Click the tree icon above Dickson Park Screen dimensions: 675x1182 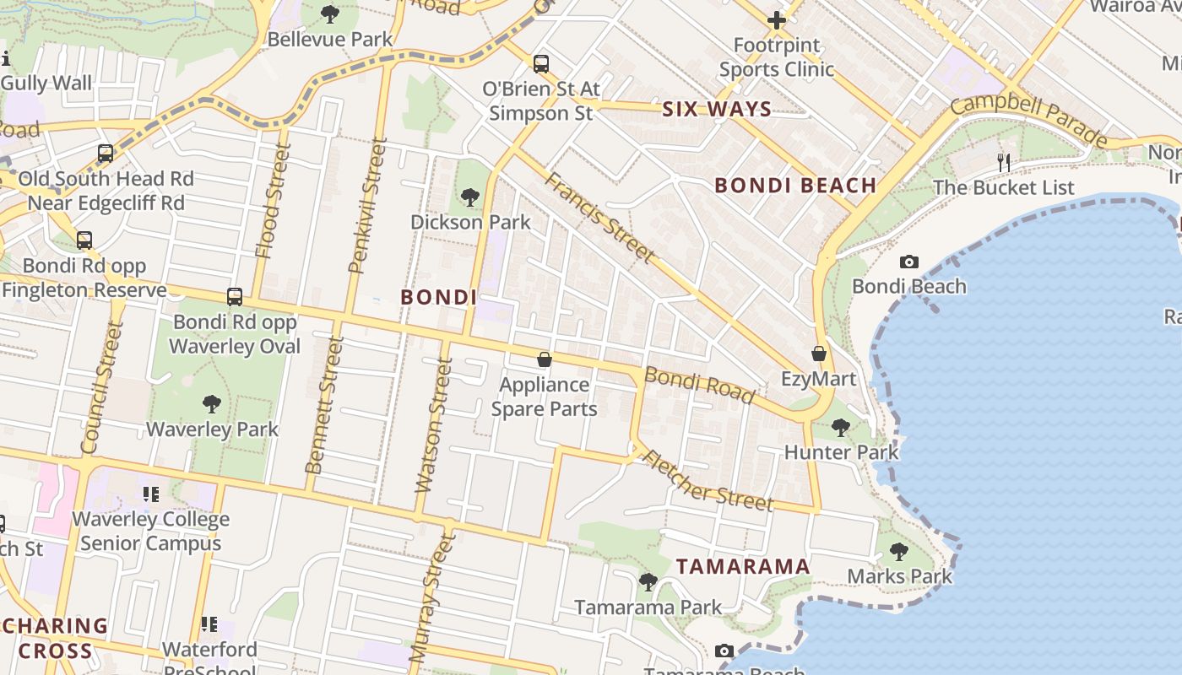[x=470, y=197]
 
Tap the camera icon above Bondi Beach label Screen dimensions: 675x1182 [x=908, y=262]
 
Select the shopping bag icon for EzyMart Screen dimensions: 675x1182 [x=818, y=354]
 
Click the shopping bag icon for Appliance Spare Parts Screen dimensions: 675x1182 [x=545, y=360]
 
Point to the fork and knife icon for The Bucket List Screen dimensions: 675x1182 [x=1003, y=163]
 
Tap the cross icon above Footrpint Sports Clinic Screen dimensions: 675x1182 [x=776, y=20]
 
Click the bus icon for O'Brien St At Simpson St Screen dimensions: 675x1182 [x=541, y=63]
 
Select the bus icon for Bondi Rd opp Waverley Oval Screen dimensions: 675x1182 [x=235, y=297]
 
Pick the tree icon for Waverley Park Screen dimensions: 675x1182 [x=212, y=404]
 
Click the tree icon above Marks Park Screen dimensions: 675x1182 [x=899, y=552]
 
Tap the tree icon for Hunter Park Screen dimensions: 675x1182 [x=841, y=427]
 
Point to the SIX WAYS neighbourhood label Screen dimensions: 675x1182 [x=717, y=109]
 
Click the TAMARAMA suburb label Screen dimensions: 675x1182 [x=743, y=566]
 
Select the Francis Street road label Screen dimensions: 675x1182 [x=599, y=217]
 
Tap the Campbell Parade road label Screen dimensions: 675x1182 [x=1028, y=120]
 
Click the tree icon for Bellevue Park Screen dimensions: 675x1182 [x=330, y=14]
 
